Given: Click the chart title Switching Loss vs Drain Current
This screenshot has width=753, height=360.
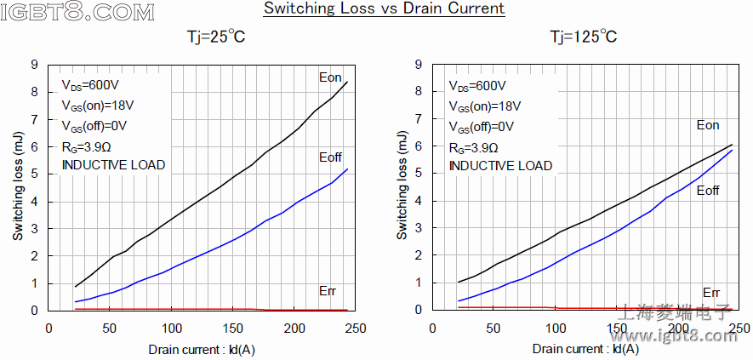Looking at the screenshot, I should tap(383, 9).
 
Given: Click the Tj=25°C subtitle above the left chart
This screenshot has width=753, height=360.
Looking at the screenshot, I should tap(218, 37).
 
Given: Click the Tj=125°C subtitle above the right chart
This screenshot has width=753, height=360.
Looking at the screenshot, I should tap(583, 37).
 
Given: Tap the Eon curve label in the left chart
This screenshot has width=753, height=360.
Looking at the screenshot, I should tap(330, 78).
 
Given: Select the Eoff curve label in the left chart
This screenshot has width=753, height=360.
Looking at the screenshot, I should tap(330, 157).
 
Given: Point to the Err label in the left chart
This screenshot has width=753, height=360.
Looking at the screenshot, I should tap(327, 291).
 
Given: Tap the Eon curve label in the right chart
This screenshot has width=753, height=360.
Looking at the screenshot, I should tap(708, 126).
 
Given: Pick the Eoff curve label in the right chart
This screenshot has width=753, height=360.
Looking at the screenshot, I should tap(708, 191).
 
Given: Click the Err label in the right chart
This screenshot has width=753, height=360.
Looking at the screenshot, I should tap(711, 292).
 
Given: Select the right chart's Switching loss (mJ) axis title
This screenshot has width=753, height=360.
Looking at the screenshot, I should tap(402, 186).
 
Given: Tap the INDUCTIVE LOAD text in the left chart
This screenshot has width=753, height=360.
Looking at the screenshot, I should tap(113, 165).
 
